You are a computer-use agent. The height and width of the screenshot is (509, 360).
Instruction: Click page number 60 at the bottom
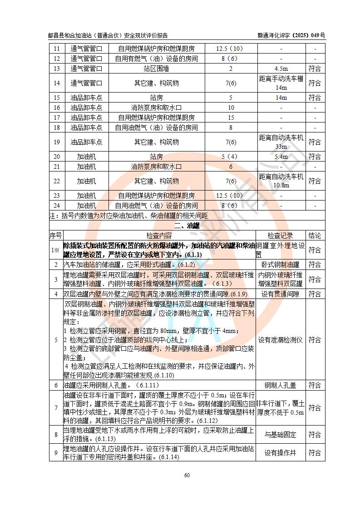click(x=187, y=475)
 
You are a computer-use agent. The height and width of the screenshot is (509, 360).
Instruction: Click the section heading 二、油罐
click(x=187, y=225)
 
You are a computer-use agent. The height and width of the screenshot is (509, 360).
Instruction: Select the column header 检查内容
click(x=159, y=235)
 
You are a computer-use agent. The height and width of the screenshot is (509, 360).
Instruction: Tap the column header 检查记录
click(x=280, y=235)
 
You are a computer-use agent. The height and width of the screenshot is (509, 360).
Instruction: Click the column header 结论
click(x=315, y=235)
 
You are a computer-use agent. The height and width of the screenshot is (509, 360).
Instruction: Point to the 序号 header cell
click(x=55, y=235)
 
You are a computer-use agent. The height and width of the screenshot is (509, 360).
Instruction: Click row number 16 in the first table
click(x=56, y=108)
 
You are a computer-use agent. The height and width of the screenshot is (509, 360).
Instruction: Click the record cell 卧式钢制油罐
click(x=280, y=264)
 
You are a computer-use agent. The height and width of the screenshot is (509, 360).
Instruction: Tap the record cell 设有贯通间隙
click(x=280, y=294)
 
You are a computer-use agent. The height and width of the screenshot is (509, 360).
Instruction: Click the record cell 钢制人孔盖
click(x=280, y=385)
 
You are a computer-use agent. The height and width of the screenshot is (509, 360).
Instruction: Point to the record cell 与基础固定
click(x=280, y=435)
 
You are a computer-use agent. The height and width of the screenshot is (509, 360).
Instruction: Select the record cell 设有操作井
click(x=280, y=453)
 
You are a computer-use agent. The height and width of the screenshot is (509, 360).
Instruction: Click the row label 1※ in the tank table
click(x=55, y=250)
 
